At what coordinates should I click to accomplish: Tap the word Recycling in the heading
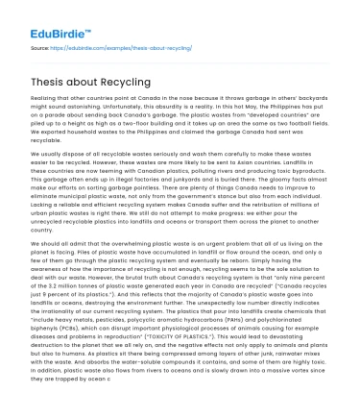pos(120,84)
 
